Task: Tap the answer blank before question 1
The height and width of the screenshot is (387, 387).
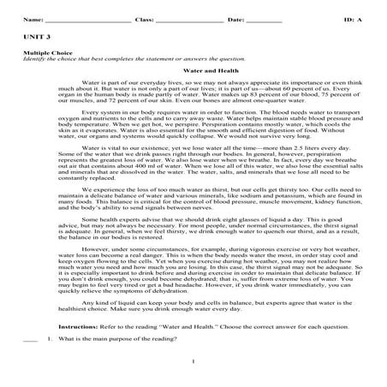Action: click(30, 340)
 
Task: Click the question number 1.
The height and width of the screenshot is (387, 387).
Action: click(50, 339)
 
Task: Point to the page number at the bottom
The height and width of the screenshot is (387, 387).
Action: click(193, 371)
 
